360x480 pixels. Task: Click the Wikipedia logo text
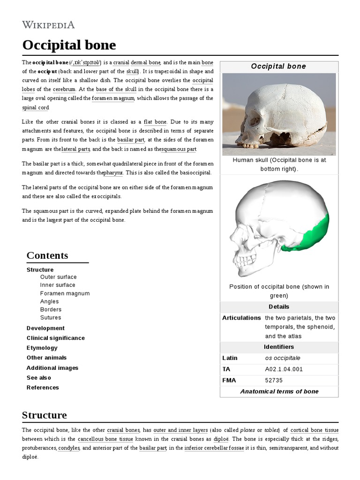48,24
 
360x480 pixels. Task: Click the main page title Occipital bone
69,45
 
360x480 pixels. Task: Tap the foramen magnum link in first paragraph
113,98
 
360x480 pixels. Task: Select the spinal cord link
35,107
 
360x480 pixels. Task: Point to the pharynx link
113,172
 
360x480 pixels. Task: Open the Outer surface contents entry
58,277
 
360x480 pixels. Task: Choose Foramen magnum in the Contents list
65,293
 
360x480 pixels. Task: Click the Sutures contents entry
50,317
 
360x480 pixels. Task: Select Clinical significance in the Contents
55,338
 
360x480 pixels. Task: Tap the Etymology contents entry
42,348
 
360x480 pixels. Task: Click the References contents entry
43,388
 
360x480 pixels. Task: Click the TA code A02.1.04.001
284,369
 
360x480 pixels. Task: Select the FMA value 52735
274,380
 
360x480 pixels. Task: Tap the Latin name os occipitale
282,358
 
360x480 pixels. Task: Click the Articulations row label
241,318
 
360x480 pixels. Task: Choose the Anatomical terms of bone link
279,391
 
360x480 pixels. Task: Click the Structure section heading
44,415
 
